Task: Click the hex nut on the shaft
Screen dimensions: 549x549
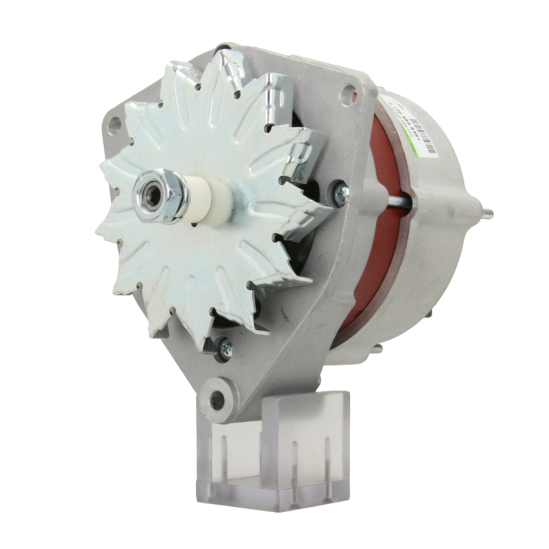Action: coord(160,196)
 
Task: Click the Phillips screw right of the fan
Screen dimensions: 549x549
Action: coord(341,192)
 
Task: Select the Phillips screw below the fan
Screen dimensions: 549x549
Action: coord(225,348)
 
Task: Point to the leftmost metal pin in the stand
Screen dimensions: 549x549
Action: coord(224,456)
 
